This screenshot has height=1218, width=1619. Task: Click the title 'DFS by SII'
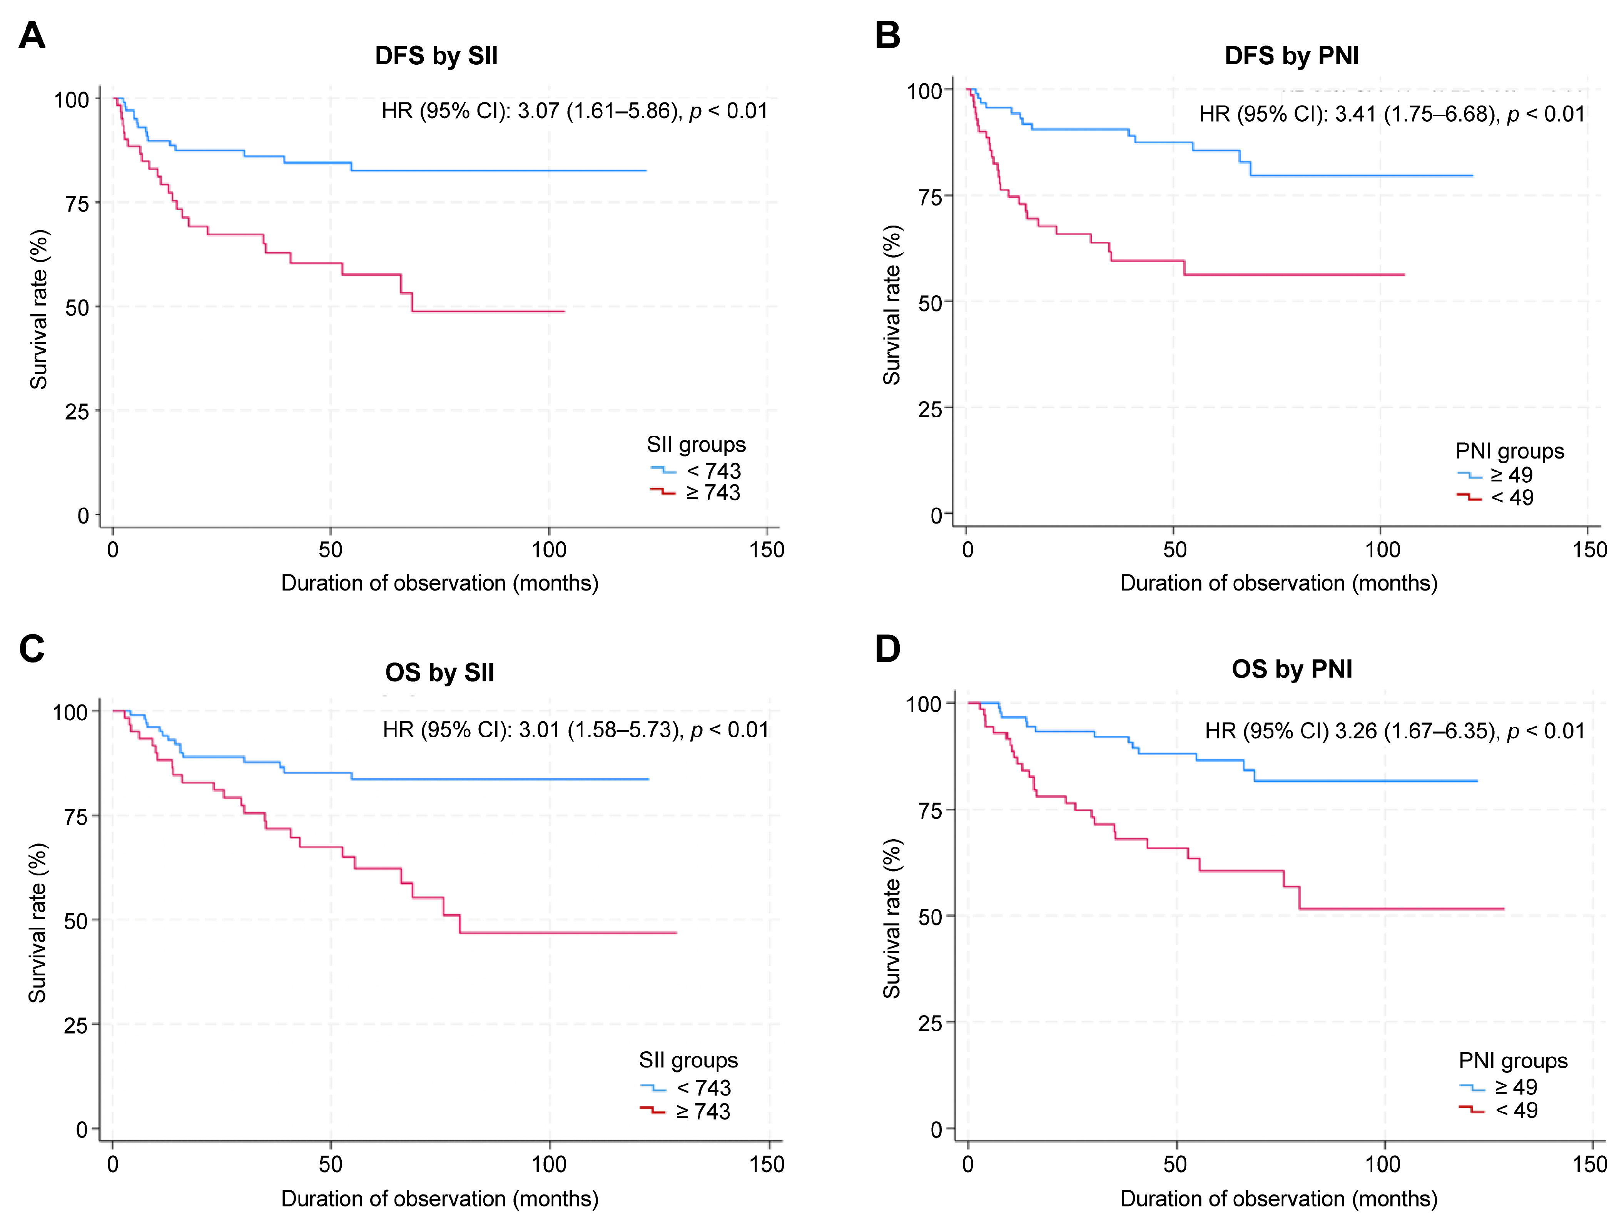436,56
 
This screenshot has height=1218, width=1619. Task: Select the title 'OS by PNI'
1292,669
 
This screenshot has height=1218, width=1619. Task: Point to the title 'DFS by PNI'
1292,56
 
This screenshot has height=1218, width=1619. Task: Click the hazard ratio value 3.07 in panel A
539,111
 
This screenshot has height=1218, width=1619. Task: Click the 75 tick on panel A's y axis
78,204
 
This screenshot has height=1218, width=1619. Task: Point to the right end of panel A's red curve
563,312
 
